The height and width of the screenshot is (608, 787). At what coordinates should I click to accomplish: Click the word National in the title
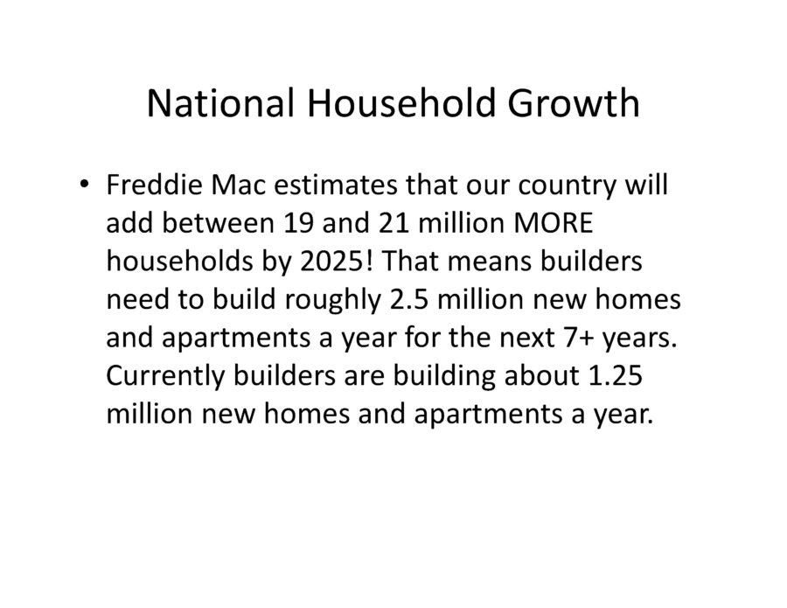(220, 103)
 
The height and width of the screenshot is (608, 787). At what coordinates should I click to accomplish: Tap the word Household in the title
(400, 103)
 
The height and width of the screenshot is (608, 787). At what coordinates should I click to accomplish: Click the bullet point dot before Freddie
(84, 183)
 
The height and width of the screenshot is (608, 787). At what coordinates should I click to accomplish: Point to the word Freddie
(154, 185)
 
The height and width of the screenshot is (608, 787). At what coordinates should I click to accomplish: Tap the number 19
(298, 222)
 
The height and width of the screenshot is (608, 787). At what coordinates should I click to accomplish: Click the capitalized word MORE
(554, 222)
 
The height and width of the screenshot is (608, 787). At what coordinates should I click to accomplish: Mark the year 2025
(331, 261)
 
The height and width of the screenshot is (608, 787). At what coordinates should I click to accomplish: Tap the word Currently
(165, 376)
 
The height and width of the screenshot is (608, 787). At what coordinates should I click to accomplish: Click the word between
(218, 222)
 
